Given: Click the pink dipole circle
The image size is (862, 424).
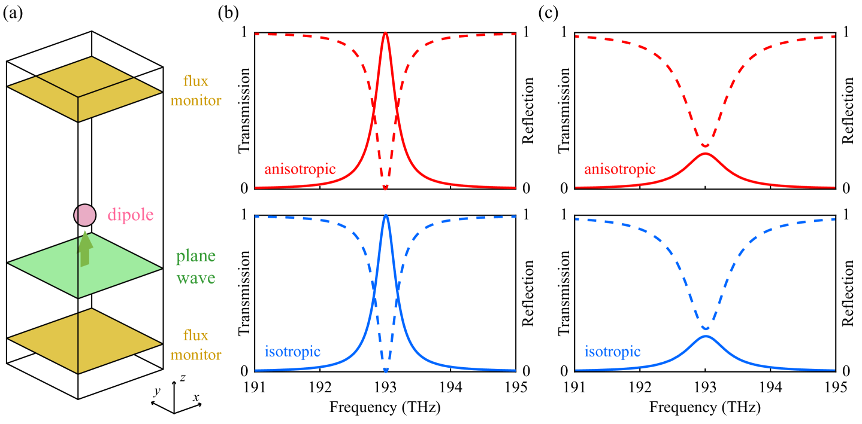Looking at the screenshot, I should tap(84, 215).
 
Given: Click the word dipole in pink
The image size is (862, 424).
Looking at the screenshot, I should tap(131, 215).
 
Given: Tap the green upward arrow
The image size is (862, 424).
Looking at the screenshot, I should tap(86, 248).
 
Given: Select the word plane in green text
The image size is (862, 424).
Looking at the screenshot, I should tap(195, 257).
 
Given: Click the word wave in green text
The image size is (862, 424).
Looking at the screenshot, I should tap(195, 278).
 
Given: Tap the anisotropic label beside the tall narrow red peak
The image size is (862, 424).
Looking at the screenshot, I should tap(300, 169).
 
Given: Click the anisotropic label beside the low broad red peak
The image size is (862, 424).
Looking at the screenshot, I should tap(620, 169).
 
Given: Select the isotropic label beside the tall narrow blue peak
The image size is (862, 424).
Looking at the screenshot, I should tap(292, 352).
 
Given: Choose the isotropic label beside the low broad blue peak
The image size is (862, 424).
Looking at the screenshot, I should tap(612, 352).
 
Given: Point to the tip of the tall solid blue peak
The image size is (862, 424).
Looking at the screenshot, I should tap(385, 215).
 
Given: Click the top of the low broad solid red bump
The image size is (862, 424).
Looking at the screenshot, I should tap(706, 154).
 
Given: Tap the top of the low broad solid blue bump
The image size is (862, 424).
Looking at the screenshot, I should tap(706, 336).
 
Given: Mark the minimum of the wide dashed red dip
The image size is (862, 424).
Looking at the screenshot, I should tap(706, 146).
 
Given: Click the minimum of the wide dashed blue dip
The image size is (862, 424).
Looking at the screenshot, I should tap(706, 328).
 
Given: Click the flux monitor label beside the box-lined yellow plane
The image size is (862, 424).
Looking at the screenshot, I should tap(195, 90).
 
